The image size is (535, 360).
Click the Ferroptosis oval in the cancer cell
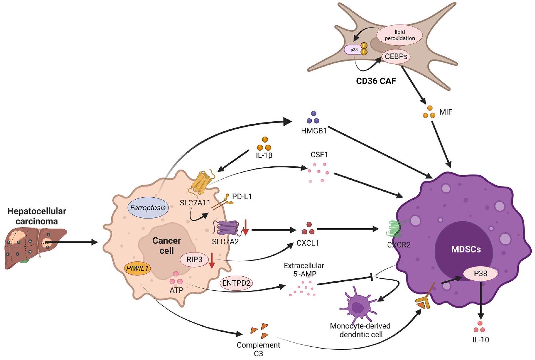click(148, 207)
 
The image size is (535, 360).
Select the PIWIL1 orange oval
click(137, 268)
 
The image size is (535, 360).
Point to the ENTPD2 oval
click(236, 283)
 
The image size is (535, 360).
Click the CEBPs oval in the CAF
click(396, 56)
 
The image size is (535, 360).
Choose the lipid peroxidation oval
click(399, 35)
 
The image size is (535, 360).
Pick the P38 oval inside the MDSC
click(480, 274)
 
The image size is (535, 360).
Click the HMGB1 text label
click(314, 131)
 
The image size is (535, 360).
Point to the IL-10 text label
click(480, 339)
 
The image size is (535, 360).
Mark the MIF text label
click(446, 112)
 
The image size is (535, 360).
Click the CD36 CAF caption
click(376, 81)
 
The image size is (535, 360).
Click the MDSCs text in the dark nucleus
click(466, 249)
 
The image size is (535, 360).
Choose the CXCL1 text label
click(308, 242)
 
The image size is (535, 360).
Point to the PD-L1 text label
click(242, 196)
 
